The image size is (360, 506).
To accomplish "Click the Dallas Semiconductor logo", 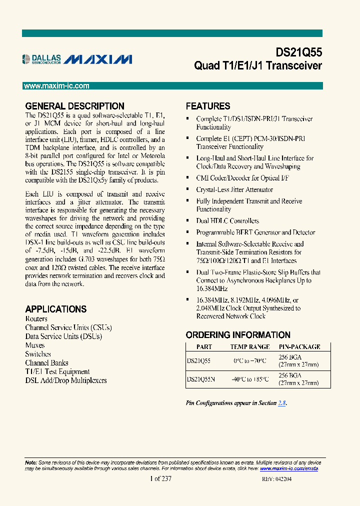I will point(42,59).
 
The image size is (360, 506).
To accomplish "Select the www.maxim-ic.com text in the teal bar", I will point(56,86).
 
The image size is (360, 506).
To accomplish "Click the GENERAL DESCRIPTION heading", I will point(74,106).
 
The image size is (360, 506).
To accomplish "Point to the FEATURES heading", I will point(208,106).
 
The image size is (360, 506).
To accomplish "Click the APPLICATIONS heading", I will point(55,309).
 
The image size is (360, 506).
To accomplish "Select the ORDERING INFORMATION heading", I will point(238,335).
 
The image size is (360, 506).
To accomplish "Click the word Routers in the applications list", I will point(36,319).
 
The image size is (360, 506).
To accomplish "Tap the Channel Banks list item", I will point(46,363).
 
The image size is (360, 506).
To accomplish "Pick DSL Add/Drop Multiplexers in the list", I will point(66,380).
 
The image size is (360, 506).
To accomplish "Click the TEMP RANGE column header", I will point(249,346).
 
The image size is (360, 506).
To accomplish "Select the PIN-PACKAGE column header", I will point(299,346).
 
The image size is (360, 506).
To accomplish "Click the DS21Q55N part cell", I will point(200,379).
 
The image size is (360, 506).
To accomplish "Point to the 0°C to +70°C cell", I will point(250,360).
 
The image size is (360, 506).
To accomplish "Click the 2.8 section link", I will point(282,403).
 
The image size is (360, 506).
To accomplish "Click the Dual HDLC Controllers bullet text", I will point(227,221).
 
